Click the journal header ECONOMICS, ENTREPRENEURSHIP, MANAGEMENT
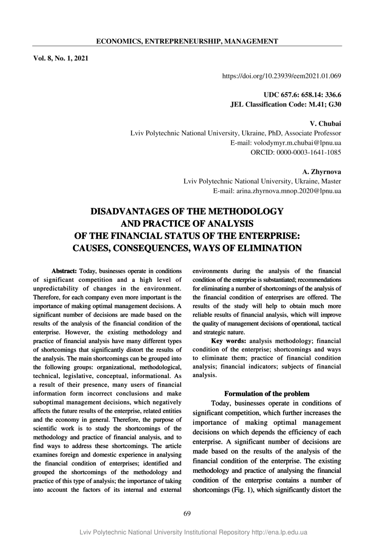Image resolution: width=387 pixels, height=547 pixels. pyautogui.click(x=187, y=41)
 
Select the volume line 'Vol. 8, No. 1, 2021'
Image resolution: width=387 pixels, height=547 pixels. pyautogui.click(x=61, y=58)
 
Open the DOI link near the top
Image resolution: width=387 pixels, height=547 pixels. pyautogui.click(x=281, y=76)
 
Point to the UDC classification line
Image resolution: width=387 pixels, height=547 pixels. pyautogui.click(x=302, y=95)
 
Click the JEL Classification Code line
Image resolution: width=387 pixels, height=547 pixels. pyautogui.click(x=285, y=105)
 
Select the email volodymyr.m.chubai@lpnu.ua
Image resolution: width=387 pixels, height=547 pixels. pyautogui.click(x=285, y=143)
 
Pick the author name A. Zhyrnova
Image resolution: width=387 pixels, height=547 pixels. pyautogui.click(x=322, y=172)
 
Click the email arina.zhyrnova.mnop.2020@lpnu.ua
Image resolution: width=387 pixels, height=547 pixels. pyautogui.click(x=277, y=191)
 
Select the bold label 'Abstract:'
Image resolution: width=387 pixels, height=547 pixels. pyautogui.click(x=64, y=270)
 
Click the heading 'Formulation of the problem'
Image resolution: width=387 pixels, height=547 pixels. pyautogui.click(x=267, y=393)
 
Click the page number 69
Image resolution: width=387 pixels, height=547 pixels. pyautogui.click(x=187, y=513)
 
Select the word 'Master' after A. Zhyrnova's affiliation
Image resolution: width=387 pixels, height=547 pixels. pyautogui.click(x=330, y=181)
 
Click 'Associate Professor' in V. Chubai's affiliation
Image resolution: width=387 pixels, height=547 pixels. pyautogui.click(x=313, y=133)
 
